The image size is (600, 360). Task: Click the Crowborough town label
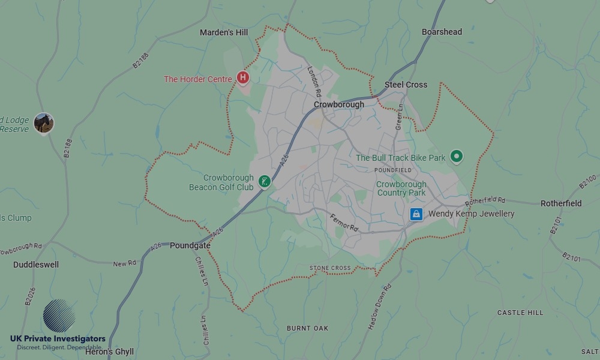tap(338, 104)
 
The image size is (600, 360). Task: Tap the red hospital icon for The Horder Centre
tap(243, 77)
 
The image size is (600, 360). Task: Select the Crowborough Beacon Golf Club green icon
tap(264, 181)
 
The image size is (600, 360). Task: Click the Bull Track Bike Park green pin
tap(457, 157)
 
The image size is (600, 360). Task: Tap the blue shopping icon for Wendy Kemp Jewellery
tap(416, 214)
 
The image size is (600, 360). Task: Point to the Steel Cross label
tap(406, 85)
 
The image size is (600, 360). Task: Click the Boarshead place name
tap(442, 32)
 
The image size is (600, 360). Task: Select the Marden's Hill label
tap(224, 32)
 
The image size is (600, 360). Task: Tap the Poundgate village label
tap(190, 245)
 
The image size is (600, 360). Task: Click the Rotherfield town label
tap(560, 203)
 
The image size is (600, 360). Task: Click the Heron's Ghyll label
tap(109, 352)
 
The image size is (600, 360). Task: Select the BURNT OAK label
tap(307, 328)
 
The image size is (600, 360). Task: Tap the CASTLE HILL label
tap(520, 313)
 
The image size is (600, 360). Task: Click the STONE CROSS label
tap(330, 268)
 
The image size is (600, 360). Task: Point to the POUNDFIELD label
tap(393, 170)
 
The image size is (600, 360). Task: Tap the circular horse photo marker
tap(44, 122)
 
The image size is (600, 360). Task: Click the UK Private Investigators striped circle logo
tap(59, 316)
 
